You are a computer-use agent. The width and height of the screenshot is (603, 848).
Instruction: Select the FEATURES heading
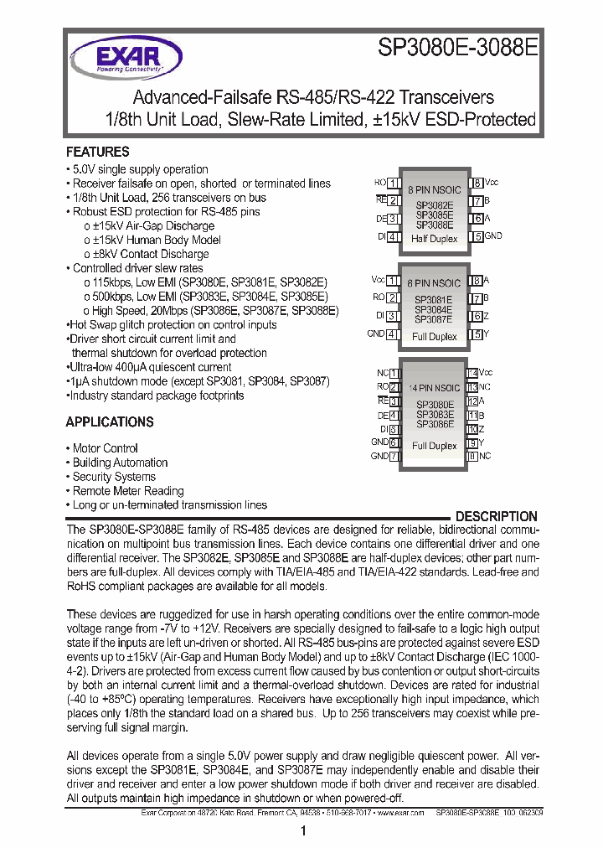[x=98, y=153]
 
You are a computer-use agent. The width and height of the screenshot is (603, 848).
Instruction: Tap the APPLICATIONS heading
[x=110, y=422]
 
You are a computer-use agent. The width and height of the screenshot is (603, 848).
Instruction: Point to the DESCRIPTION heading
[x=496, y=517]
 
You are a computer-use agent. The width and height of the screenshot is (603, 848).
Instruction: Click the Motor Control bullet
[x=105, y=448]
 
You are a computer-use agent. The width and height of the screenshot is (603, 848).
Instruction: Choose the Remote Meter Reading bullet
[x=127, y=491]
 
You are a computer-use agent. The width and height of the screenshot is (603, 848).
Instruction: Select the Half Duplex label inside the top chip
[x=435, y=239]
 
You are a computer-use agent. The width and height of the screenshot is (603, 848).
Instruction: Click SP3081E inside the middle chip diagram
[x=434, y=300]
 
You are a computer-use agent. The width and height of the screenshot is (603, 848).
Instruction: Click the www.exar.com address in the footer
[x=399, y=813]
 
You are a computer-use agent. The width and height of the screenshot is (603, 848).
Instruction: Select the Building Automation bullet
[x=120, y=463]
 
